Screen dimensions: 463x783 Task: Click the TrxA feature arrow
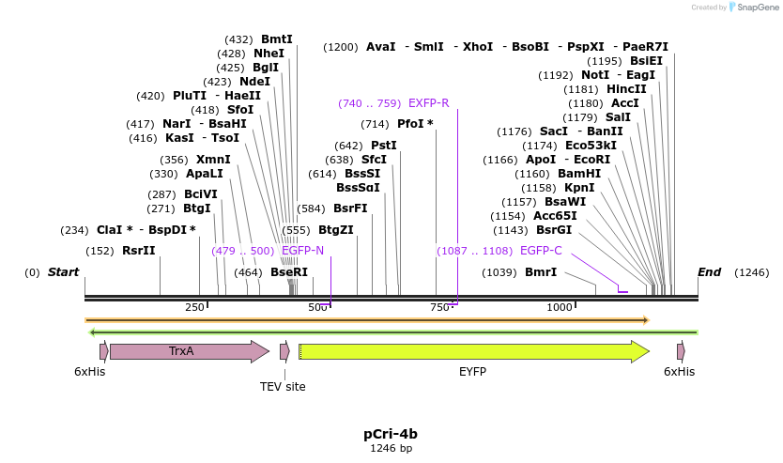[188, 351]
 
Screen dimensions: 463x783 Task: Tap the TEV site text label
[283, 386]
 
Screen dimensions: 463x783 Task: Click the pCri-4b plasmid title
[391, 434]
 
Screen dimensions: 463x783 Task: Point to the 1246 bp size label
[391, 449]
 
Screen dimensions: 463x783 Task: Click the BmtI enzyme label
[277, 39]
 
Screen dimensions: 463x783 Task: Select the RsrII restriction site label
[138, 251]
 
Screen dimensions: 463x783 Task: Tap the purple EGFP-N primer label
[302, 251]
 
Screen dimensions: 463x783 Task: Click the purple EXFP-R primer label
[428, 103]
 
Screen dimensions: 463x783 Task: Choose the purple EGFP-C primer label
[541, 251]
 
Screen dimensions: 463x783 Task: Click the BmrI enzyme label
[541, 272]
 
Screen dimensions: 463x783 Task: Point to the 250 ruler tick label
[194, 307]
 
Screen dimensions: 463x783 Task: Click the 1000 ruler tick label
[560, 307]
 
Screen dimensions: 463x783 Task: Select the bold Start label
[63, 272]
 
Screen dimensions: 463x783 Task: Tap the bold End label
[709, 272]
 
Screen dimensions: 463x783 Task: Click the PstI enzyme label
[384, 146]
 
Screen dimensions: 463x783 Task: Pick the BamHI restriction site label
[579, 174]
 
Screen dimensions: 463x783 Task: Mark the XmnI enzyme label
[213, 160]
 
